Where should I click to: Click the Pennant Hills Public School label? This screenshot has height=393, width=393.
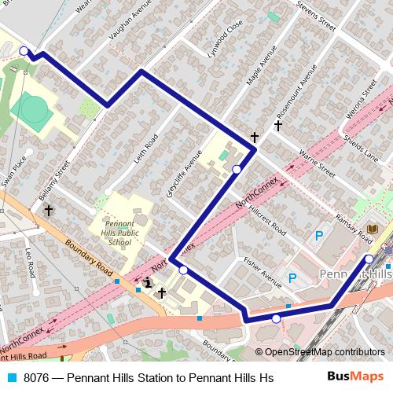120,232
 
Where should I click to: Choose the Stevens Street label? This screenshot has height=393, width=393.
316,17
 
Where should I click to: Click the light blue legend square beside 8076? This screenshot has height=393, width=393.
13,378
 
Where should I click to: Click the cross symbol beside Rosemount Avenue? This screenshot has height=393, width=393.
277,125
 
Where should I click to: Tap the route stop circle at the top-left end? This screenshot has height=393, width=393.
24,52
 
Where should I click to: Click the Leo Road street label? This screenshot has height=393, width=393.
30,263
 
